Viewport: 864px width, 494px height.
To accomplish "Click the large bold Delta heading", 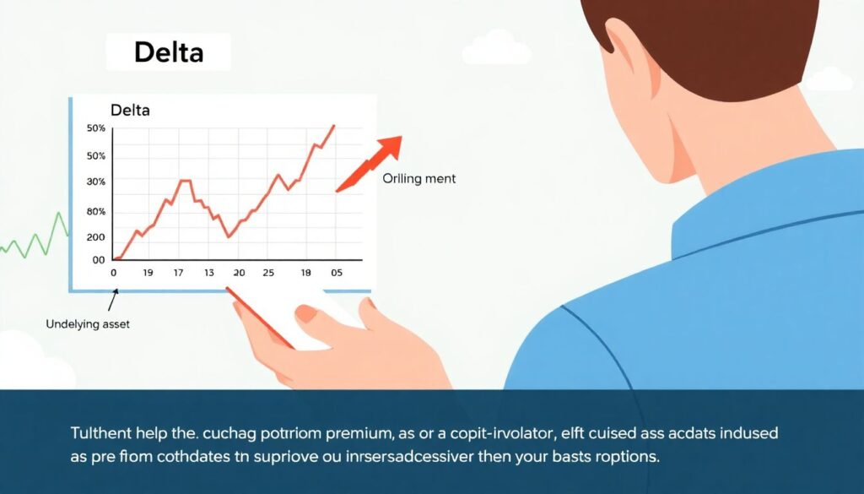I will [x=169, y=52].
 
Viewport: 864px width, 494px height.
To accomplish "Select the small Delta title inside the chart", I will [x=130, y=110].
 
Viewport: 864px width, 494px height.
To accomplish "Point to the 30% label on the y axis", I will [x=96, y=182].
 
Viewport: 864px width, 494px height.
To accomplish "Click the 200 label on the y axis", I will [x=96, y=237].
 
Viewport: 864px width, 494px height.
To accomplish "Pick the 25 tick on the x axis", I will [x=268, y=273].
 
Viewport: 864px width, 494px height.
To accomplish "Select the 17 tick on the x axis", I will [x=178, y=273].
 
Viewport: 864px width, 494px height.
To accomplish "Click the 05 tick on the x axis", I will [x=336, y=273].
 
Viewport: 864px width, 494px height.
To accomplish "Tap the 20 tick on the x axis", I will [x=239, y=273].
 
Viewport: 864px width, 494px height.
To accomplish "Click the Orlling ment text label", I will [x=418, y=179].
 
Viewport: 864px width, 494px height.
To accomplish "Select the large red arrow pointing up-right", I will [x=371, y=162].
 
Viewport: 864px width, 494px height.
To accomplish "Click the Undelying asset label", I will [x=88, y=323].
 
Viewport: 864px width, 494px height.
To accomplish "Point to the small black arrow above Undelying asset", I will [x=111, y=301].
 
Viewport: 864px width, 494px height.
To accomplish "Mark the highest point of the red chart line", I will [x=334, y=126].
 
